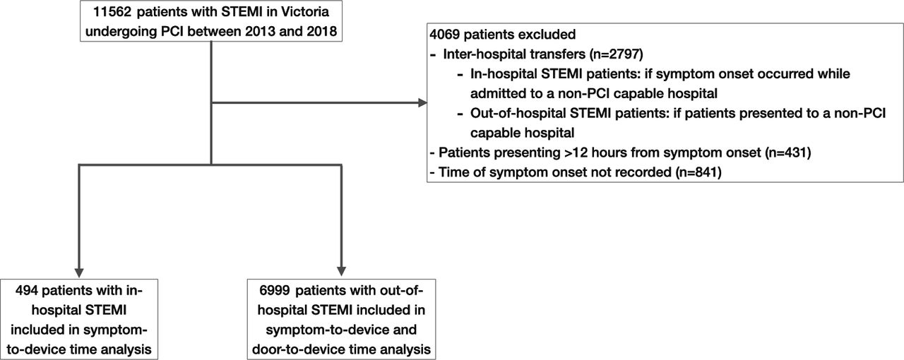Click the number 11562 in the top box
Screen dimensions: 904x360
click(x=112, y=12)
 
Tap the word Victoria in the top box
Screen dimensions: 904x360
click(x=305, y=12)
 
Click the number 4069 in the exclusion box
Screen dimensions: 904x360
click(x=445, y=35)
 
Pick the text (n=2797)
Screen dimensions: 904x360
click(x=617, y=54)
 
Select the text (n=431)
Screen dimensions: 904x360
click(x=787, y=152)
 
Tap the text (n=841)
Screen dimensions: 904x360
click(x=698, y=172)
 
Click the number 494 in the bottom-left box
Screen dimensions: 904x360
click(x=27, y=290)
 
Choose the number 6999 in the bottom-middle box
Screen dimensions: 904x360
click(x=275, y=290)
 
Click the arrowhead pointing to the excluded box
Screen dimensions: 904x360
click(x=422, y=103)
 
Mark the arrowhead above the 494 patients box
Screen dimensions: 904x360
click(x=79, y=272)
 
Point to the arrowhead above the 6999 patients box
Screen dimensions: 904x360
click(x=341, y=271)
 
